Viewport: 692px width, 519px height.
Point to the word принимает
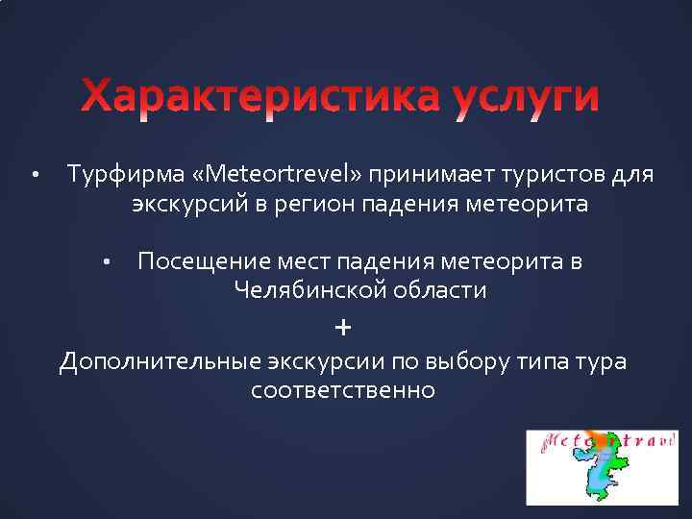[422, 176]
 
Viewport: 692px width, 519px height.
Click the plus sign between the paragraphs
[343, 328]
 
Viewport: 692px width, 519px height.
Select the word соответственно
[342, 391]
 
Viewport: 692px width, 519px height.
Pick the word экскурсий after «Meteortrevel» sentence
[177, 205]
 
